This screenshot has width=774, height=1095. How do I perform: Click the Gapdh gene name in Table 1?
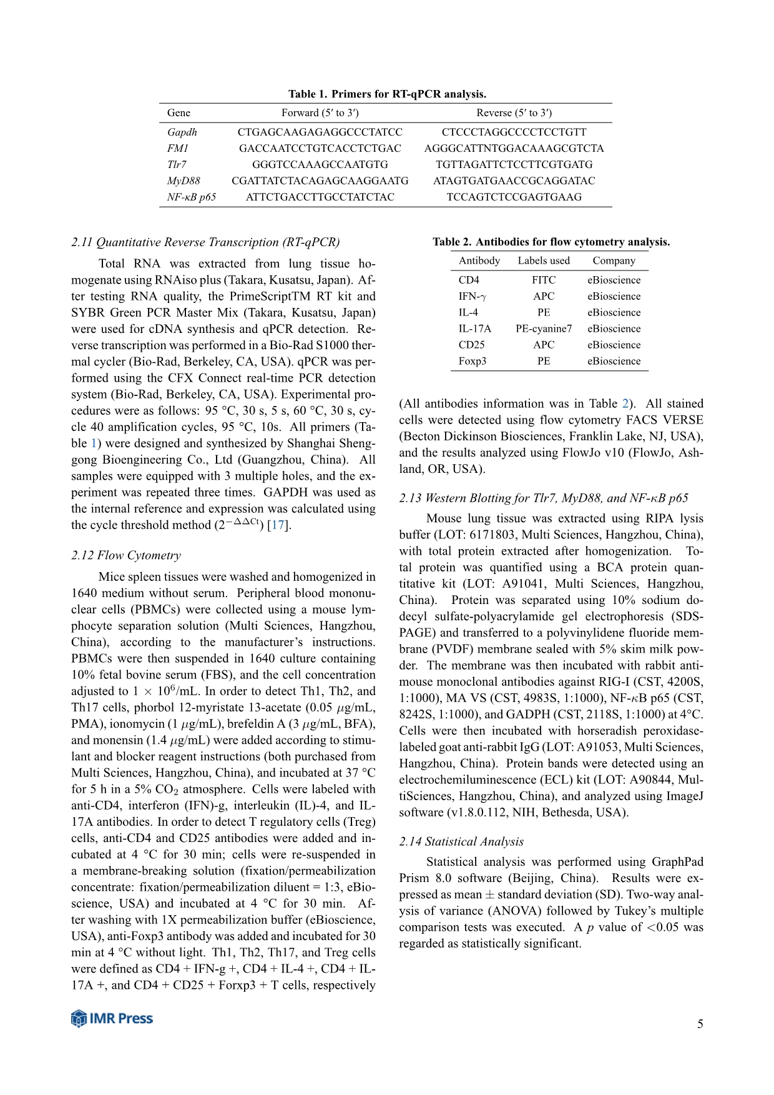(x=182, y=132)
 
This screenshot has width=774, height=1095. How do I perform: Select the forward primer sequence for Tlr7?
(x=320, y=164)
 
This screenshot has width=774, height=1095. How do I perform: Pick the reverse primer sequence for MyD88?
(x=514, y=181)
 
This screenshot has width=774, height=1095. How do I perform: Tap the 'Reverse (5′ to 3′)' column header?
(x=514, y=113)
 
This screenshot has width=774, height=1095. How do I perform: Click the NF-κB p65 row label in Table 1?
(x=192, y=197)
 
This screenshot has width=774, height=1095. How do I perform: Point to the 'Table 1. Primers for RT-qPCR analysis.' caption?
(x=387, y=94)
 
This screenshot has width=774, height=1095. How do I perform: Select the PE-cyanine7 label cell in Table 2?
(x=543, y=329)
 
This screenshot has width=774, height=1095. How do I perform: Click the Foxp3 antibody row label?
(x=472, y=361)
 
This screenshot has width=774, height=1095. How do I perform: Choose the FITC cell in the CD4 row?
(x=543, y=280)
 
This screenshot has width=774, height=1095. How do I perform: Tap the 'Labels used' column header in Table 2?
(x=543, y=260)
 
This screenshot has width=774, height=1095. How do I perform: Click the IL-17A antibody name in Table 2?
(x=474, y=329)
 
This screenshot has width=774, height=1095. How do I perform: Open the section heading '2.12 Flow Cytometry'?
(x=126, y=555)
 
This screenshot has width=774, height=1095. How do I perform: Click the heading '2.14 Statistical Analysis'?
(x=461, y=841)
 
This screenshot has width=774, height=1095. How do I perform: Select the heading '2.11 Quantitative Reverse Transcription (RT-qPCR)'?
(x=205, y=242)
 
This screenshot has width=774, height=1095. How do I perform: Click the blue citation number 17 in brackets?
(x=278, y=525)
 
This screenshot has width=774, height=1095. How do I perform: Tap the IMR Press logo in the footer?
(x=112, y=1018)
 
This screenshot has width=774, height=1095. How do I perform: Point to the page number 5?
(x=700, y=1024)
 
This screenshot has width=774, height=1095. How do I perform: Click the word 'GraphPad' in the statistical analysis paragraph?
(x=677, y=862)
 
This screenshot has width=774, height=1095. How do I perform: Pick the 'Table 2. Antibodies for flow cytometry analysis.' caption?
(x=551, y=242)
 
